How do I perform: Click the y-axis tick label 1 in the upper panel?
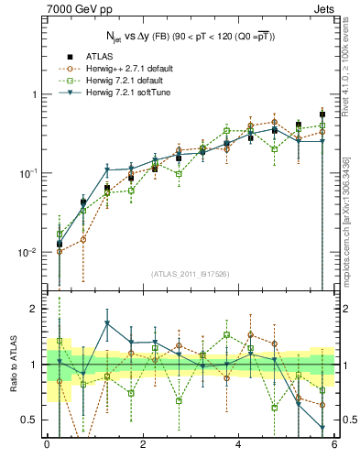36,95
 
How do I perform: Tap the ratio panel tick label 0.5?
32,420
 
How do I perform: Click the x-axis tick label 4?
238,446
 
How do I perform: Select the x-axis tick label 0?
46,446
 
